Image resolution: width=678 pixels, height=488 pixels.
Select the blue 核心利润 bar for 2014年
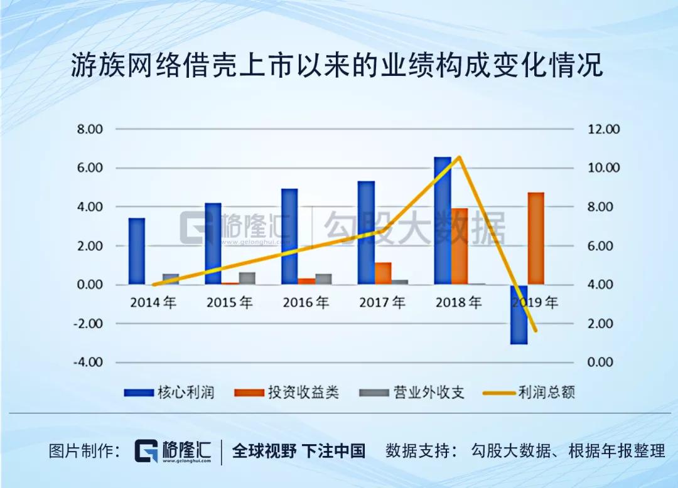tap(137, 251)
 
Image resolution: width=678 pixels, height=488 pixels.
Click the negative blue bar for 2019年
tap(519, 314)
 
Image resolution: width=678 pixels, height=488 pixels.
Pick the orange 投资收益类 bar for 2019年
tap(535, 238)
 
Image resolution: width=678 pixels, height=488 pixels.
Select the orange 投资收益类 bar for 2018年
tap(460, 246)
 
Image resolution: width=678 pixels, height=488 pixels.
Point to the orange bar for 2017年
tap(383, 273)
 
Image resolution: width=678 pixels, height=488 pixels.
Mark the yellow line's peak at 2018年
tap(460, 157)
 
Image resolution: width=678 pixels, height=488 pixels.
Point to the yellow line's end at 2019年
tap(535, 331)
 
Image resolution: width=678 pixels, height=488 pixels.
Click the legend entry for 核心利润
tap(169, 393)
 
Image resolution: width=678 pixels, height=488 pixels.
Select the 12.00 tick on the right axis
tap(603, 129)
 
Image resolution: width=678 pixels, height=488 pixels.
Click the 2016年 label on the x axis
tap(306, 303)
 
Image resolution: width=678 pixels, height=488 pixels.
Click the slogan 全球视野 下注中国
tap(298, 451)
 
